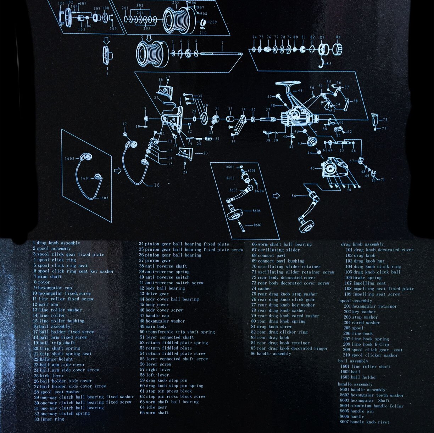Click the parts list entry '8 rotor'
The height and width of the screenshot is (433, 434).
coord(42,282)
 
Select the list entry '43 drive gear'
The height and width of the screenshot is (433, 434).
coord(154,294)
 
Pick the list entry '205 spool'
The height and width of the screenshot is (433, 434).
coord(353,328)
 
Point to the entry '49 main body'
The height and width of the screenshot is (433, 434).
coord(153,326)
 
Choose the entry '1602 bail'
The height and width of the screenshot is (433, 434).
coord(350,372)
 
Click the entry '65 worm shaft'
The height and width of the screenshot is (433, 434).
coord(154,413)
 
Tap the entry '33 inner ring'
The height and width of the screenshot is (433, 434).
coord(49,419)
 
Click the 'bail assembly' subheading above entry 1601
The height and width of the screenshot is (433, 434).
coord(353,361)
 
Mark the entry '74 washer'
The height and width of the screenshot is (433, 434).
coord(261,288)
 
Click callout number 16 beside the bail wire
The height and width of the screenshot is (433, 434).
coord(156,185)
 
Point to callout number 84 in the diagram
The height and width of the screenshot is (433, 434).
coord(338,37)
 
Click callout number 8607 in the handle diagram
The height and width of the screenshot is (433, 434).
coord(257,225)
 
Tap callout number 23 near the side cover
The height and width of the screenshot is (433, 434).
coord(205,153)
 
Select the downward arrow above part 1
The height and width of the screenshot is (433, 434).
coord(107,41)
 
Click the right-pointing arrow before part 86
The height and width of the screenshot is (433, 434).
coord(276,196)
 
